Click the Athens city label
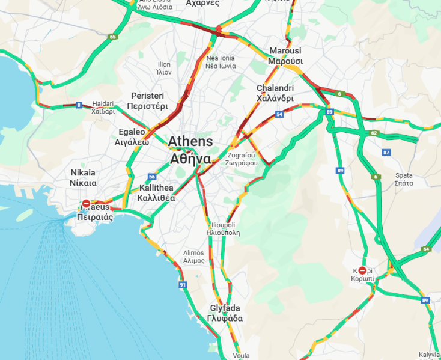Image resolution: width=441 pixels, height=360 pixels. (x=190, y=150)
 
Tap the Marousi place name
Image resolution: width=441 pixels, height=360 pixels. (x=285, y=56)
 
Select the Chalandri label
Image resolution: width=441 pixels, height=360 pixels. (x=275, y=93)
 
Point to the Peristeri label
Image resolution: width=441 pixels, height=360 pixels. (x=147, y=101)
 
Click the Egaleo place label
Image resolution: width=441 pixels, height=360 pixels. (x=132, y=137)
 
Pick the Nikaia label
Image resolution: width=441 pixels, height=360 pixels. (x=83, y=177)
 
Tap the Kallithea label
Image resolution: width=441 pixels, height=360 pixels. (x=156, y=192)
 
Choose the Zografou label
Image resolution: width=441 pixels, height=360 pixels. (x=242, y=158)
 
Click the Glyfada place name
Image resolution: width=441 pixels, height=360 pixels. (x=225, y=313)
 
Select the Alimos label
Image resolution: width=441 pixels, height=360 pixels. (x=193, y=257)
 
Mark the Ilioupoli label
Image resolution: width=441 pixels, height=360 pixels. (x=223, y=228)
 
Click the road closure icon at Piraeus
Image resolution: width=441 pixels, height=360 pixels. (x=87, y=204)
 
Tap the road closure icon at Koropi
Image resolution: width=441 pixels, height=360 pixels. (x=362, y=270)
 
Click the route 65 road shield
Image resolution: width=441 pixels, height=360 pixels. (x=112, y=37)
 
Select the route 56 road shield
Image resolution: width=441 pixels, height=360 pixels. (x=152, y=177)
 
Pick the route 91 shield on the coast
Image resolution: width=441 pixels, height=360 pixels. (x=182, y=284)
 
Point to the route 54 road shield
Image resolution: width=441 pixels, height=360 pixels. (x=279, y=114)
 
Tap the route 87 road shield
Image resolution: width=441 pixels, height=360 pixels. (x=386, y=152)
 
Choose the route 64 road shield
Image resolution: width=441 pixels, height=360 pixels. (x=426, y=249)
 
